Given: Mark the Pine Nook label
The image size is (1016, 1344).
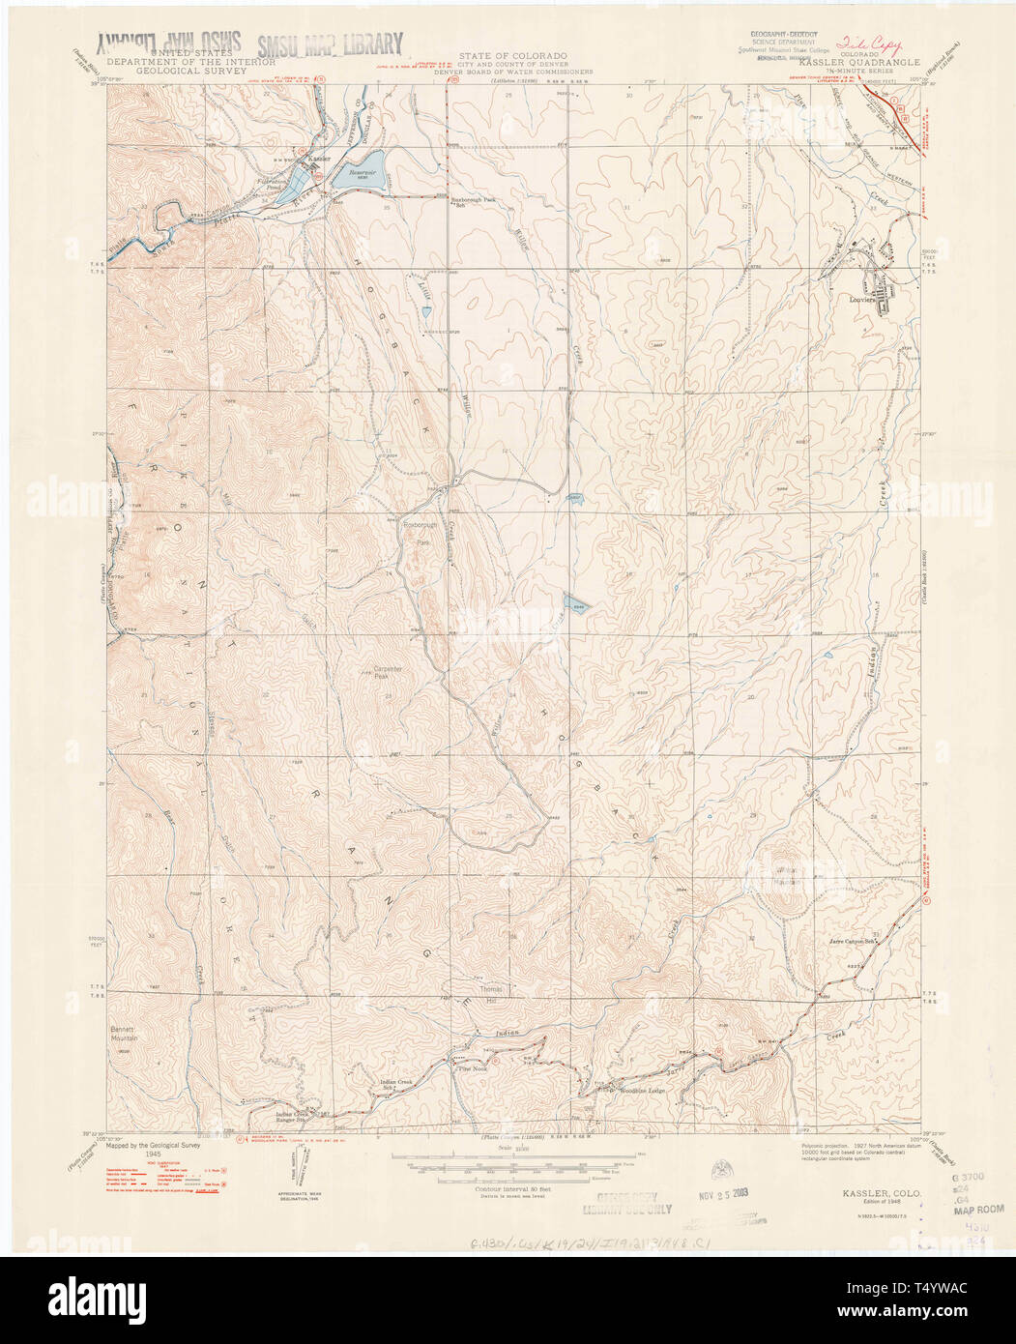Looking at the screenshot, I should [473, 1068].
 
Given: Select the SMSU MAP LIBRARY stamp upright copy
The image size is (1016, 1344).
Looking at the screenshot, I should [330, 44].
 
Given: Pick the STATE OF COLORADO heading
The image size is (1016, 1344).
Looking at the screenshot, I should [512, 57].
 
